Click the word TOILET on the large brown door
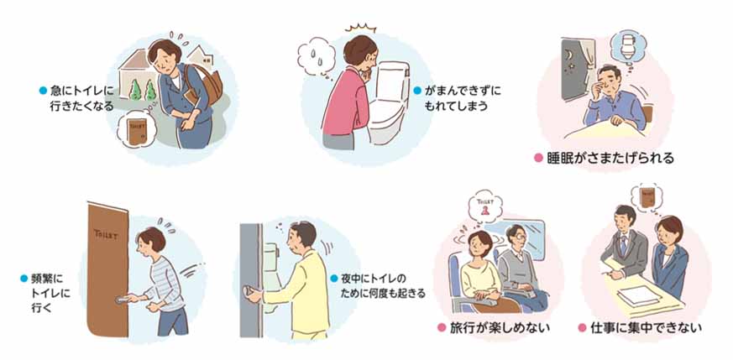106,234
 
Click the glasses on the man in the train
520,237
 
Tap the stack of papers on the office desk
635,295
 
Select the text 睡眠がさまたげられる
610,159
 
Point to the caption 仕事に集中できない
646,328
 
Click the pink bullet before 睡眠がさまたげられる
538,159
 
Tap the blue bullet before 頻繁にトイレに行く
24,279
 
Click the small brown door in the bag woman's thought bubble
136,132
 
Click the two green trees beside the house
143,90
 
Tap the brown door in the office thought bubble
647,197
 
